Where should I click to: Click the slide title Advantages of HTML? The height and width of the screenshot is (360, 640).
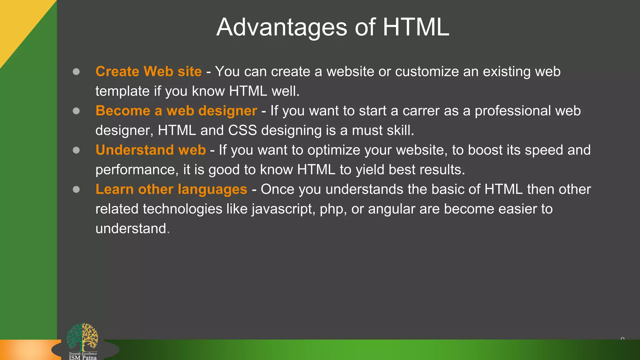pos(332,27)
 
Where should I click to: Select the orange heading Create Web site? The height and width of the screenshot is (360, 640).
pos(148,72)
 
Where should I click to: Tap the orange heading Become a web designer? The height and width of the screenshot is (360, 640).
pos(176,111)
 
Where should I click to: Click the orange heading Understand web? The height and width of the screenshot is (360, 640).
pos(151,150)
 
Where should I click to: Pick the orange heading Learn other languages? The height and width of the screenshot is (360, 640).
pos(171,189)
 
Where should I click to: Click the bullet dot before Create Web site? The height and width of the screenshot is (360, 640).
pos(76,72)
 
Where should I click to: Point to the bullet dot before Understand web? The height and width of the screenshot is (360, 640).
pos(76,150)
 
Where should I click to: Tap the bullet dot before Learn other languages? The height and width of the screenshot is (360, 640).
pos(76,189)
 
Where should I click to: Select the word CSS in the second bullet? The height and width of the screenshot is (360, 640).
pos(242,131)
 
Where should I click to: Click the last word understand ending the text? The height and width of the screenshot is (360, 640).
pos(131,229)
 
